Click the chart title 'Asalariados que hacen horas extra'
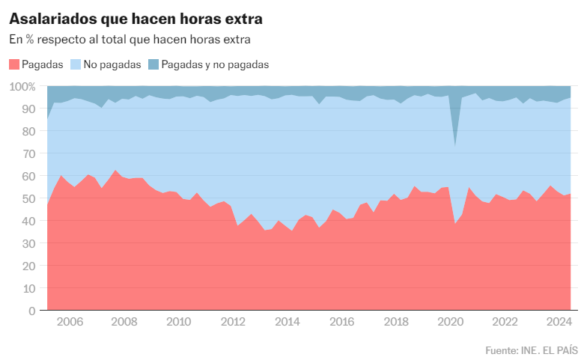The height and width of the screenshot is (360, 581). click(x=136, y=16)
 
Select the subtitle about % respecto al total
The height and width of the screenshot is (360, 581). click(x=129, y=39)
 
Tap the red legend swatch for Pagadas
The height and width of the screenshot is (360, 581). click(x=14, y=64)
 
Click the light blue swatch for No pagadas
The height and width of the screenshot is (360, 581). click(x=76, y=64)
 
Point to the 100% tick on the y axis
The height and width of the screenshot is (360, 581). click(x=22, y=87)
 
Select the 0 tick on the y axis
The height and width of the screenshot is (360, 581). click(x=32, y=311)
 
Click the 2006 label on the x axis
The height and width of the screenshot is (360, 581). click(x=70, y=323)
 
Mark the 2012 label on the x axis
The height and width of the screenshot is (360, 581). click(x=233, y=323)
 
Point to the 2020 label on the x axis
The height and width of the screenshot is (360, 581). click(x=450, y=323)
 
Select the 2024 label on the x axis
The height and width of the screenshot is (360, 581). click(x=559, y=323)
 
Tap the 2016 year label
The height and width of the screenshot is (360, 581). click(x=341, y=323)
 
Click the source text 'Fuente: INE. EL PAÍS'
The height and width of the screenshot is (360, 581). click(x=529, y=350)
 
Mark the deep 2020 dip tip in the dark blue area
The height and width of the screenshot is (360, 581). click(x=455, y=145)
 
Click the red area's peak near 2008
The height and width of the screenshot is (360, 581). click(x=115, y=171)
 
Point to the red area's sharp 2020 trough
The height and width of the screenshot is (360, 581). click(x=455, y=224)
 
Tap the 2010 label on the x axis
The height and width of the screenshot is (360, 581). click(x=178, y=323)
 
